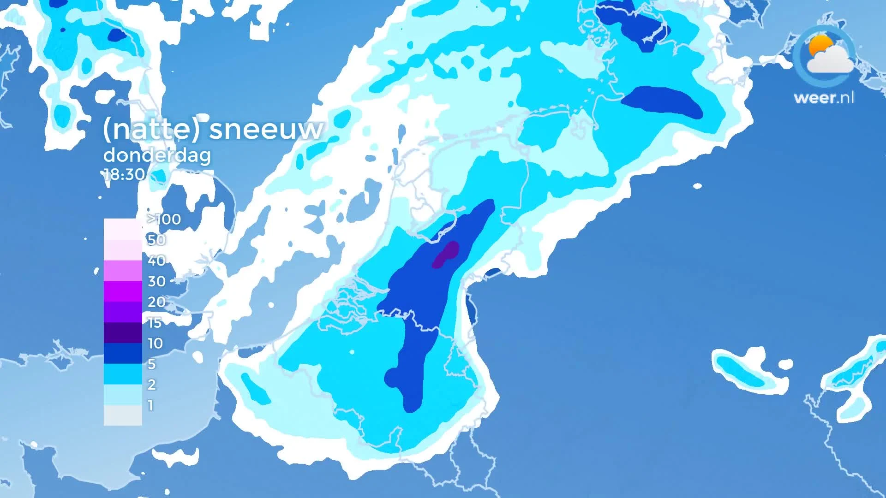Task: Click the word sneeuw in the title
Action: pos(266,129)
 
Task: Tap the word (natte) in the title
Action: pos(151,129)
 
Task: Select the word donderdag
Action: pos(157,155)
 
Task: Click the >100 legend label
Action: pos(164,219)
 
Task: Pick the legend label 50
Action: pos(156,240)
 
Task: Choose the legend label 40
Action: pos(156,261)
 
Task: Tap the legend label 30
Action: pos(156,281)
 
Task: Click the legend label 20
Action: pos(156,302)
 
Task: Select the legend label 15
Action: pos(155,322)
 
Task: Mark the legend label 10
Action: pos(155,343)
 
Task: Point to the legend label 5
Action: pos(151,364)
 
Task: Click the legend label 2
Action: pos(151,384)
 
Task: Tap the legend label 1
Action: pos(150,405)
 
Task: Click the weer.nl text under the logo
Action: pos(824,98)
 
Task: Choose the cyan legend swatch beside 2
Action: pos(123,374)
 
